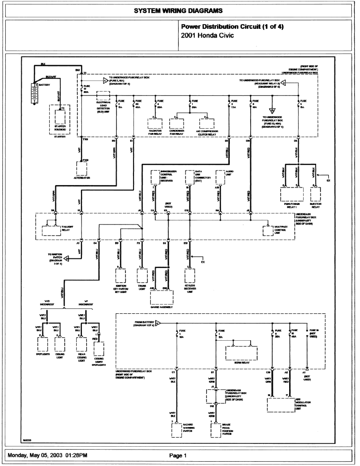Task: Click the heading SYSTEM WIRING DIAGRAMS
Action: coord(180,10)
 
